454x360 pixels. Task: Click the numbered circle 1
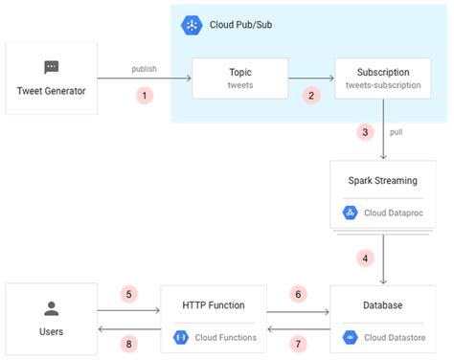[x=145, y=96]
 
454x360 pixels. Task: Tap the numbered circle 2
[x=309, y=96]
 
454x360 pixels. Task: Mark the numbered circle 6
[x=298, y=294]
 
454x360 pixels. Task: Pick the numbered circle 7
[x=298, y=342]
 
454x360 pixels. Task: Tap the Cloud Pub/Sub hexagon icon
[x=190, y=25]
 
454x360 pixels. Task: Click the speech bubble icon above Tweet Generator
[x=52, y=67]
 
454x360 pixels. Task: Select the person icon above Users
[x=52, y=308]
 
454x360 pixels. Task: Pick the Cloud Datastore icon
[x=350, y=336]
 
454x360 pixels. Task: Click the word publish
[x=145, y=69]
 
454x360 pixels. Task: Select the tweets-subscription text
[x=383, y=85]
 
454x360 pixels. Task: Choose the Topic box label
[x=240, y=71]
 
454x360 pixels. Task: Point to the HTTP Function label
[x=214, y=305]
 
